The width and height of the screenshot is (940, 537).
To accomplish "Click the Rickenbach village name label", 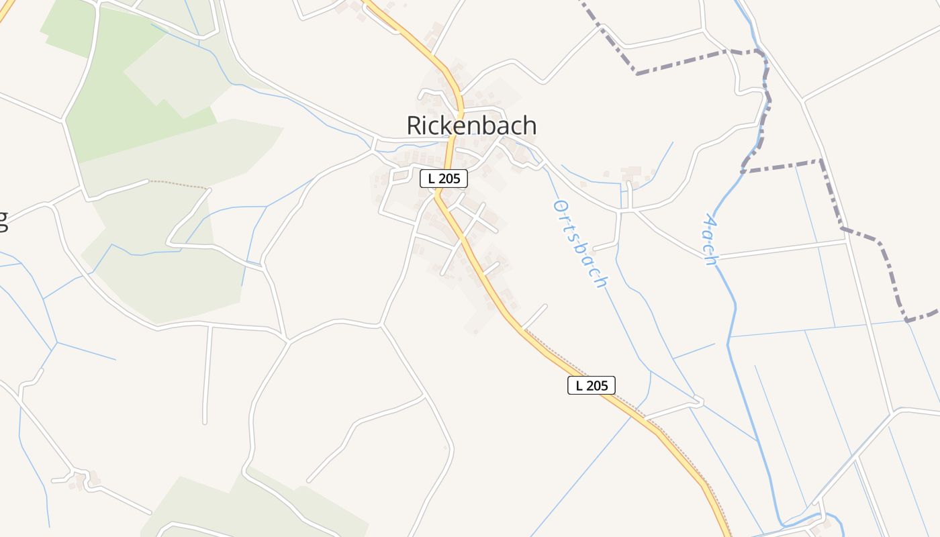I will pyautogui.click(x=471, y=126).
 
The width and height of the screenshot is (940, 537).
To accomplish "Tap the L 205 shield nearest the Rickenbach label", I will pyautogui.click(x=443, y=179).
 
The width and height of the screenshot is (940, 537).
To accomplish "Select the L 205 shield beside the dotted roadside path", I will pyautogui.click(x=591, y=385).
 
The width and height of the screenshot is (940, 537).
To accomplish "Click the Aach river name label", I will pyautogui.click(x=710, y=240).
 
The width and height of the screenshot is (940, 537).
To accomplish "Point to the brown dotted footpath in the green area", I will pyautogui.click(x=179, y=183).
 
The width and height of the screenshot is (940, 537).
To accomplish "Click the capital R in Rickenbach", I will pyautogui.click(x=415, y=126).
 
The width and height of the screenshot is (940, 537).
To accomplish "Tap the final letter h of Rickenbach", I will pyautogui.click(x=529, y=126).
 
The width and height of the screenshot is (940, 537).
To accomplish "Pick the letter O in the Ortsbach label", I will pyautogui.click(x=557, y=205).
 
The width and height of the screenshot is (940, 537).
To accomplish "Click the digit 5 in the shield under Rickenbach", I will pyautogui.click(x=459, y=179).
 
